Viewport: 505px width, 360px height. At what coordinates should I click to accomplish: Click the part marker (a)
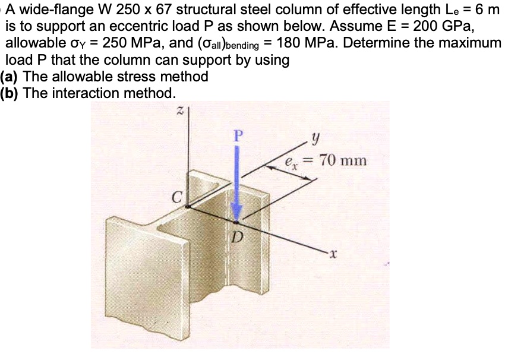(x=10, y=77)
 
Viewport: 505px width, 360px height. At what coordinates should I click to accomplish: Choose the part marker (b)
(x=10, y=93)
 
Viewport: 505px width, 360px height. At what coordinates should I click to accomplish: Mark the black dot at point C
(x=187, y=207)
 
